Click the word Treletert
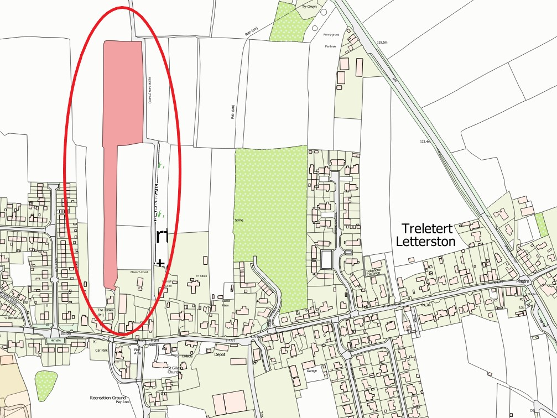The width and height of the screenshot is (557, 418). (428, 228)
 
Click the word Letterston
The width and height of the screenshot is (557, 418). (426, 242)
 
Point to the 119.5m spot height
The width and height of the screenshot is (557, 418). (381, 43)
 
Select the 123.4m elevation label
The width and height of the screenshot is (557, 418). (425, 142)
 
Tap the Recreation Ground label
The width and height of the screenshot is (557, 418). (108, 398)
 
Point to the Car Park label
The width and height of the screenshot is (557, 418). (101, 350)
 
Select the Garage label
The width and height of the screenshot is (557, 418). (312, 370)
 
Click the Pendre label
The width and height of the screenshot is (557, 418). (523, 281)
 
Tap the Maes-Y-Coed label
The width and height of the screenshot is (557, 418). (139, 272)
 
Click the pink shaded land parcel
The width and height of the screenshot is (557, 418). (122, 111)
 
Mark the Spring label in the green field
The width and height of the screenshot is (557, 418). (239, 220)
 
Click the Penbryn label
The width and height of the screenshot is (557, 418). (330, 46)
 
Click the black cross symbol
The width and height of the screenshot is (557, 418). (160, 263)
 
